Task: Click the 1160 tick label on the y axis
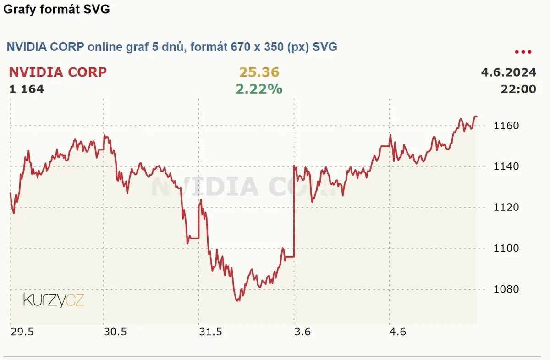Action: [506, 126]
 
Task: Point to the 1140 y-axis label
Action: [506, 166]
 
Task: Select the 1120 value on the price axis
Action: [506, 207]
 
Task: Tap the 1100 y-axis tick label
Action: [506, 248]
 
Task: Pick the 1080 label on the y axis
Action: [506, 289]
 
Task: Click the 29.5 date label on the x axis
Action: [22, 332]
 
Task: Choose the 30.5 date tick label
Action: [115, 332]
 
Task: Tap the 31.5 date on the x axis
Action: [210, 332]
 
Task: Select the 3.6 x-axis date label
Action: [302, 332]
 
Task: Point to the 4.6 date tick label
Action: [398, 332]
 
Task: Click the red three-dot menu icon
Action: [523, 52]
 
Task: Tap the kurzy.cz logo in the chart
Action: [54, 300]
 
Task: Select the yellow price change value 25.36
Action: [259, 72]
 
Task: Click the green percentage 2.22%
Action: [259, 89]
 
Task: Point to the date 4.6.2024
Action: [508, 72]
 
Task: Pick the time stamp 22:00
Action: [518, 89]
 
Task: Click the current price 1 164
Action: [27, 89]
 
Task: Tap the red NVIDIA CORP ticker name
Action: [58, 72]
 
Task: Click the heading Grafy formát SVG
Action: [56, 9]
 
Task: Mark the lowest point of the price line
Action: [237, 301]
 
